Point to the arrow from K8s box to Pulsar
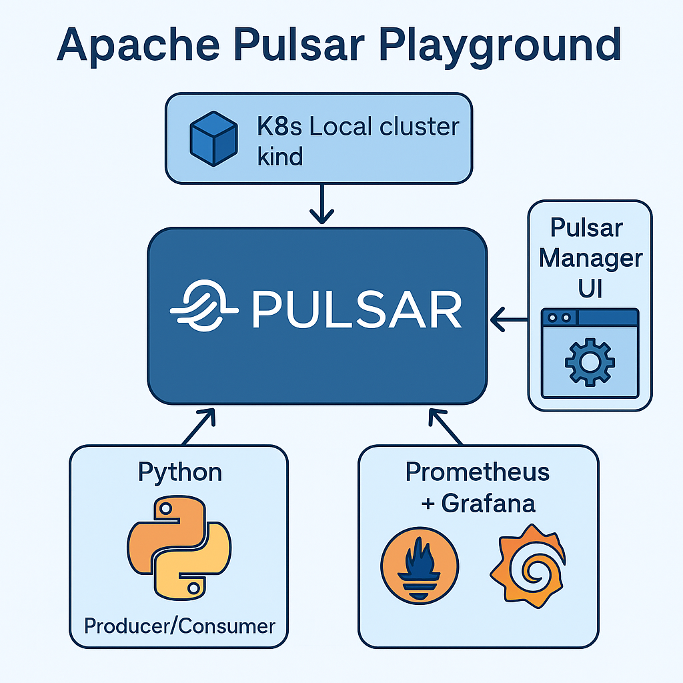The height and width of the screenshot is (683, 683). (322, 203)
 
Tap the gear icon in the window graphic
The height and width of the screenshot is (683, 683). (590, 361)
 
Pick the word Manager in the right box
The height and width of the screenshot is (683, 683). (590, 258)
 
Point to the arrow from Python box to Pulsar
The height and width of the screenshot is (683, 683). (199, 426)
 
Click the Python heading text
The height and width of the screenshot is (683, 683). (179, 472)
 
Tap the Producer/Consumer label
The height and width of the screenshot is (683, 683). (179, 626)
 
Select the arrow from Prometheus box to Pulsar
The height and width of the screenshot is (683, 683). (445, 426)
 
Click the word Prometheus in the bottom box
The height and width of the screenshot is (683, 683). (478, 472)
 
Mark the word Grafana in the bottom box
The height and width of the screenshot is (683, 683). (488, 502)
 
